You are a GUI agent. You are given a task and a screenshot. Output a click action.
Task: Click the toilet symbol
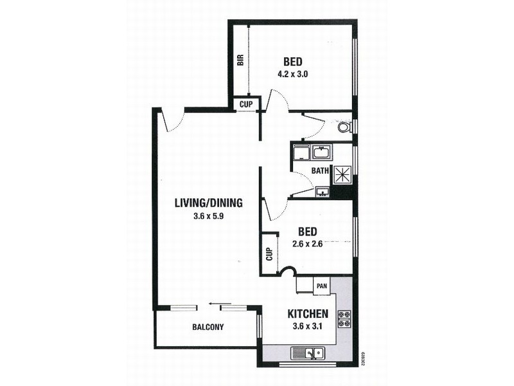(x=344, y=127)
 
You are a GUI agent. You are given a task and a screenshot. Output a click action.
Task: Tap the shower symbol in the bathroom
(x=341, y=174)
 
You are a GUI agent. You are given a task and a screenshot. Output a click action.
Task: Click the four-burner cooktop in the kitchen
(x=344, y=316)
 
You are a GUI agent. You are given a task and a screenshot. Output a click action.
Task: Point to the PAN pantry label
(x=322, y=285)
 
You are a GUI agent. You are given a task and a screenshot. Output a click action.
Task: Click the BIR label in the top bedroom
(x=240, y=61)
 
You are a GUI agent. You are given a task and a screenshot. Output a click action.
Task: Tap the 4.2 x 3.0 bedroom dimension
(x=293, y=74)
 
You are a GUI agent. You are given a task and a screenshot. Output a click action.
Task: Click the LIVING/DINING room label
(x=208, y=203)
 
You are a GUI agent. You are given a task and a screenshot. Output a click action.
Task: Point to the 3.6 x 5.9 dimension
(x=208, y=216)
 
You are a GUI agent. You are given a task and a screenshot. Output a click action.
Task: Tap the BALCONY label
(x=208, y=327)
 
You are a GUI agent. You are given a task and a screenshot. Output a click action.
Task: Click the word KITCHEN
(x=308, y=315)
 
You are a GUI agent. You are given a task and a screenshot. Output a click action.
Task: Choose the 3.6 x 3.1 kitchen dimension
(x=308, y=327)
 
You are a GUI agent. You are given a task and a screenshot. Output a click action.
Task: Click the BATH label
(x=320, y=171)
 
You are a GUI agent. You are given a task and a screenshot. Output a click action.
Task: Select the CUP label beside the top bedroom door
(x=246, y=104)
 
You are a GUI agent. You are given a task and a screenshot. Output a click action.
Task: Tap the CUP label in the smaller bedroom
(x=268, y=254)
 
